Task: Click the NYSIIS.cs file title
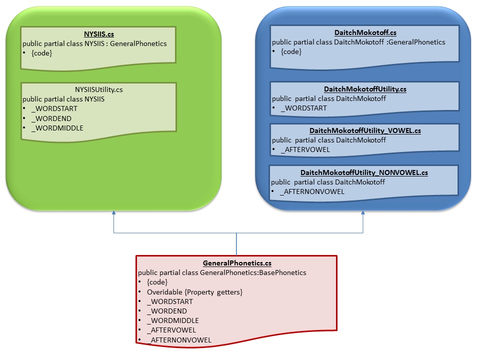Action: [x=98, y=34]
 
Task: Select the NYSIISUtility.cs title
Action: [x=98, y=89]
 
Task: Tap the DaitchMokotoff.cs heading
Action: [x=365, y=33]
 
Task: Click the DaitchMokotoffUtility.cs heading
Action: [x=365, y=89]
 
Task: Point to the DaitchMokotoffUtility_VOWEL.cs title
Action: [x=365, y=131]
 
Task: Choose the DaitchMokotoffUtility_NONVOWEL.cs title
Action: [x=364, y=173]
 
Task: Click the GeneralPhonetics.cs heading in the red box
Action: [x=237, y=263]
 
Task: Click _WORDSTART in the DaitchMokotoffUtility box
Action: [x=303, y=108]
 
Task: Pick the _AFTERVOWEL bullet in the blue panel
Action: [x=305, y=149]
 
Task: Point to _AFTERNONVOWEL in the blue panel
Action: [x=312, y=191]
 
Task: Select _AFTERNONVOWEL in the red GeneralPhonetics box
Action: [x=179, y=339]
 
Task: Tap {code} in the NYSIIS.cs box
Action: [x=41, y=52]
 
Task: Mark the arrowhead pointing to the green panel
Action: [x=114, y=214]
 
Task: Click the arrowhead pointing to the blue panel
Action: [x=363, y=213]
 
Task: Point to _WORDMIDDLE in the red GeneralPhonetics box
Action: [x=172, y=320]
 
